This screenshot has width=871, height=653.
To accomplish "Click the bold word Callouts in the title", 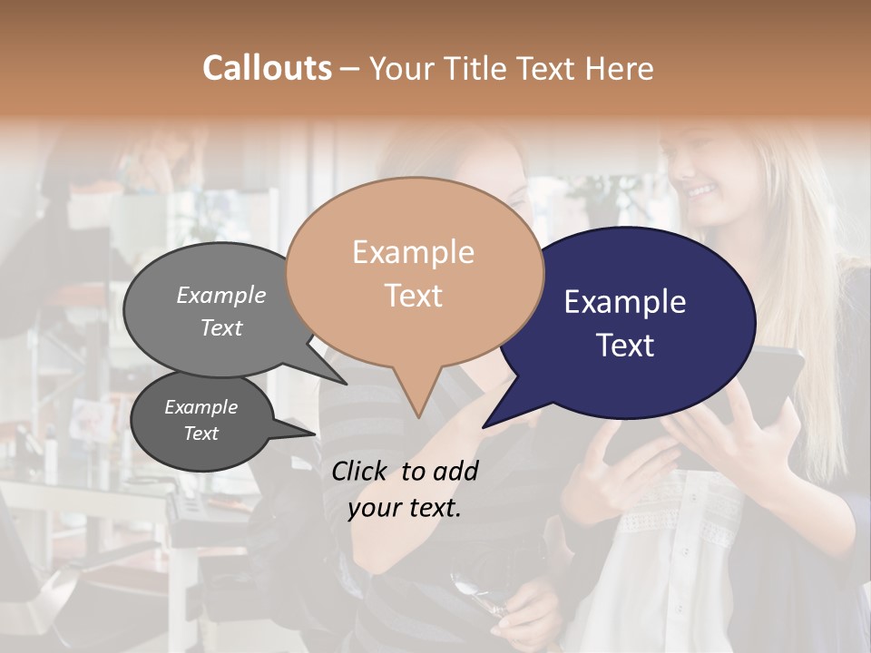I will [x=267, y=68].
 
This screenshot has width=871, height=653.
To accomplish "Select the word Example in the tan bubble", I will [x=413, y=252].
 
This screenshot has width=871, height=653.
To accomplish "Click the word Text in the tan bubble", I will [x=413, y=296].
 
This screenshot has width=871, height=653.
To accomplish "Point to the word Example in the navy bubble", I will [x=625, y=302].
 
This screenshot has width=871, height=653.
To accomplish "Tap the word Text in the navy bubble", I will [x=625, y=346].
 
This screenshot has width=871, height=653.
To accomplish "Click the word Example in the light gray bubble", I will [x=221, y=295].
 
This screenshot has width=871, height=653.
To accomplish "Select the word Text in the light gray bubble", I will [x=221, y=327].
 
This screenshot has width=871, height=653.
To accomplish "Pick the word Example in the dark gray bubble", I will [x=201, y=407].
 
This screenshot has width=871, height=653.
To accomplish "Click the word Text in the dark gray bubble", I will [x=201, y=434].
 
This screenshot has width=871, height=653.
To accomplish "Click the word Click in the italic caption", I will [x=359, y=470].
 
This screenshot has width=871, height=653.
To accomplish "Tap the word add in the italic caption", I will [x=457, y=470].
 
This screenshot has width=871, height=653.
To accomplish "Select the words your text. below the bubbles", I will [x=405, y=508].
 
